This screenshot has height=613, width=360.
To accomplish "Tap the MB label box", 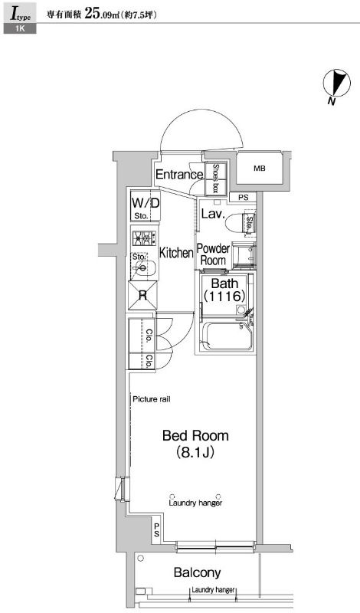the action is point(259,169).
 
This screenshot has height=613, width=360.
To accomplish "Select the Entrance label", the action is point(179,175).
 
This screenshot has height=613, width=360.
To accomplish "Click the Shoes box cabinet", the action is point(216,179).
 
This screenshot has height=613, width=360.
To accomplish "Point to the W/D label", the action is point(146,203).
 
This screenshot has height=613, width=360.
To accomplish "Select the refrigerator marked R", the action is point(142,295).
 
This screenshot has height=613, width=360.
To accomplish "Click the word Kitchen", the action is point(176,253).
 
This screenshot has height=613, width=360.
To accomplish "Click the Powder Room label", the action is point(213,254).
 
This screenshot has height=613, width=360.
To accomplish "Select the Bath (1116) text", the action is point(224,290).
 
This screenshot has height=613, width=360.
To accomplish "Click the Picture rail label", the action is point(151,399).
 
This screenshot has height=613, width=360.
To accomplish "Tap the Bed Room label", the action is point(195,435).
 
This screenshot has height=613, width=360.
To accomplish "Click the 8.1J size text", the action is point(195,453).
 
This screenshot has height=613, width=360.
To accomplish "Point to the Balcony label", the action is point(198,572).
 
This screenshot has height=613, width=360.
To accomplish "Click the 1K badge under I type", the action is point(20,28).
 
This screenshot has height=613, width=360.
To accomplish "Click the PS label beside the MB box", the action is point(244,198).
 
